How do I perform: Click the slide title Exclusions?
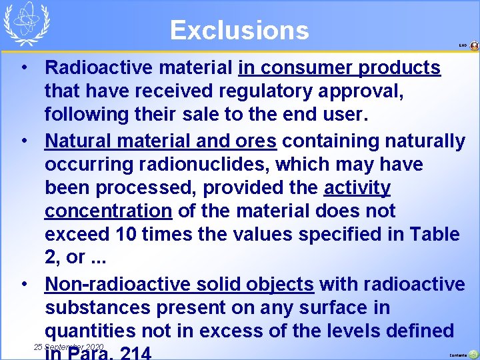tap(239, 30)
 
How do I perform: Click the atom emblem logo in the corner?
tap(27, 23)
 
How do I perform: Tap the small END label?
tap(463, 45)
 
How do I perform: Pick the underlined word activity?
tap(357, 187)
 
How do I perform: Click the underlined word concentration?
tap(108, 211)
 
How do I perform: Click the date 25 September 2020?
tap(69, 347)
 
